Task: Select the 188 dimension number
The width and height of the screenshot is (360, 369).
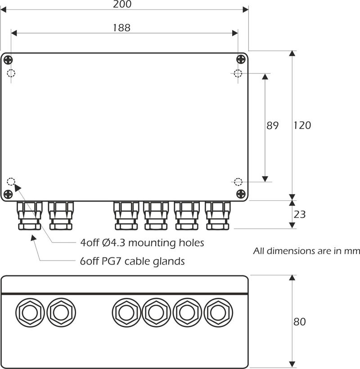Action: (121, 28)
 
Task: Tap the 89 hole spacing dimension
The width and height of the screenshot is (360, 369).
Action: (273, 126)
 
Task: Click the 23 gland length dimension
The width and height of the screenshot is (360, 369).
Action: (300, 215)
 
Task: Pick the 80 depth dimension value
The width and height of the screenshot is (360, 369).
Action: (300, 322)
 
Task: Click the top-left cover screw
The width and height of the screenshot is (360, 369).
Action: (8, 59)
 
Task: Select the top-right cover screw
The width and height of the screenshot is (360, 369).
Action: (241, 59)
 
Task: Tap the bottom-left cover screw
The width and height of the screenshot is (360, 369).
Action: (8, 194)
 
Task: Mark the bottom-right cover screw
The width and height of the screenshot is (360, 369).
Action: (241, 194)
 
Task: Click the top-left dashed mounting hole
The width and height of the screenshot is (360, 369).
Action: (11, 74)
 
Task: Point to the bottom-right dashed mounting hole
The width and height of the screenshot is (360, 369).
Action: (238, 182)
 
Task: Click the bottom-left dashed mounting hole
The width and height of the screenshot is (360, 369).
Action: (11, 182)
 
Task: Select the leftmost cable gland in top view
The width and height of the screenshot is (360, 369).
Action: (30, 216)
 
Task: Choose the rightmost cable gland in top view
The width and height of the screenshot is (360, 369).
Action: (218, 216)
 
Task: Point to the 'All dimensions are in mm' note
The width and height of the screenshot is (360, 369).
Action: (306, 251)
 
